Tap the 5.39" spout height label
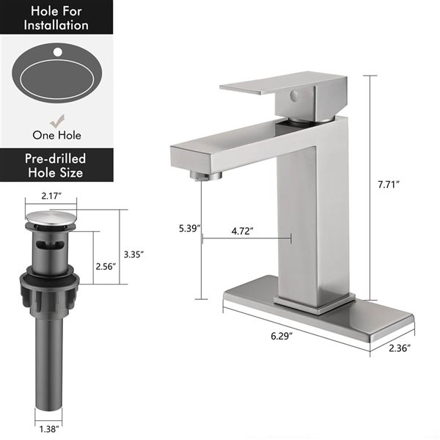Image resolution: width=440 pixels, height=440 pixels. [x=188, y=229]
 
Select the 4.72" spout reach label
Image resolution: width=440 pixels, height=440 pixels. [x=243, y=231]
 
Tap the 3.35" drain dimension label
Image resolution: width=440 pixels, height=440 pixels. [x=133, y=254]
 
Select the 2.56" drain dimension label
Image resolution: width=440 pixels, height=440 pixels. [x=106, y=267]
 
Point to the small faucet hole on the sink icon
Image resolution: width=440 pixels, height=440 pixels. [x=57, y=53]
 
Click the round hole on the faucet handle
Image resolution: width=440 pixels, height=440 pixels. [x=293, y=95]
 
